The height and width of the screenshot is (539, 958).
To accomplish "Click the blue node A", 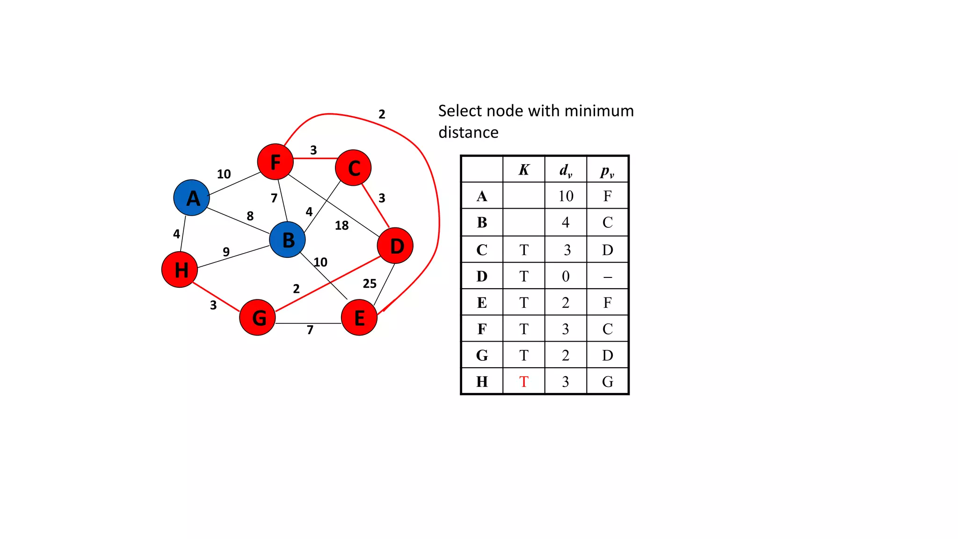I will (x=191, y=197).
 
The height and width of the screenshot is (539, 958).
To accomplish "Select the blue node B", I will (x=288, y=240).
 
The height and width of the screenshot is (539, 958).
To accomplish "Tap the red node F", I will (x=275, y=162).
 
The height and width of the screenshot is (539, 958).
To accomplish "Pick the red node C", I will (x=354, y=168).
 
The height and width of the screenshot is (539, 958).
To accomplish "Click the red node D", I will (x=395, y=246).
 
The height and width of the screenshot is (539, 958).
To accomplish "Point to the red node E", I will (x=359, y=318).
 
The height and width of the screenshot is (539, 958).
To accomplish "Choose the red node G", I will (x=257, y=318).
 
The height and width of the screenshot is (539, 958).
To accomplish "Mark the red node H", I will (x=180, y=269).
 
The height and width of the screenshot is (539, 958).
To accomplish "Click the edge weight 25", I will (x=370, y=284).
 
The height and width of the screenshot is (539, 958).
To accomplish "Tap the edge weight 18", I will (x=341, y=226).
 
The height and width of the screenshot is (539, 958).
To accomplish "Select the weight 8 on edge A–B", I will (x=250, y=216).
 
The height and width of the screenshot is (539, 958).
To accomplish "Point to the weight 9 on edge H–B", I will (x=226, y=252).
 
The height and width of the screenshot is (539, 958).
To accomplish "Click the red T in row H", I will (x=524, y=382).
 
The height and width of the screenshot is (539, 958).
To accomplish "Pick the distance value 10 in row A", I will (x=566, y=196).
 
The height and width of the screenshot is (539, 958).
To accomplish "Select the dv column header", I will (x=566, y=170).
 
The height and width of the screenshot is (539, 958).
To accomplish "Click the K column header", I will (x=524, y=170).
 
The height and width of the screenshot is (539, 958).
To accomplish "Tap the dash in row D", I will (x=608, y=277).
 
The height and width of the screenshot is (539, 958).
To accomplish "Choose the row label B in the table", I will (x=482, y=223).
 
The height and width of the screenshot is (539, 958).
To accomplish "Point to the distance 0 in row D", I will (x=566, y=277).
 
